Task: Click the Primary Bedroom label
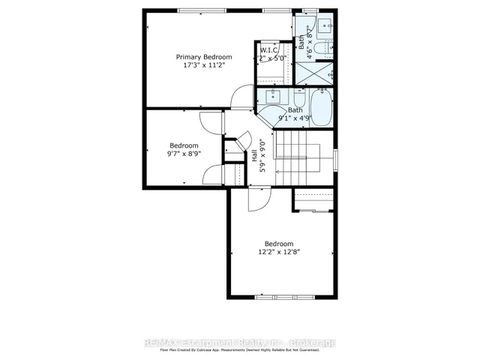point(204,56)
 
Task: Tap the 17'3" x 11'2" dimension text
point(204,65)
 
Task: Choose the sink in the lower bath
point(271,97)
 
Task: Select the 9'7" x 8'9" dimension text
point(184,154)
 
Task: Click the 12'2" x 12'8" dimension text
point(278,252)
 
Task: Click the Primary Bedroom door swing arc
point(242,97)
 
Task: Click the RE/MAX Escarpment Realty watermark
point(240,343)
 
